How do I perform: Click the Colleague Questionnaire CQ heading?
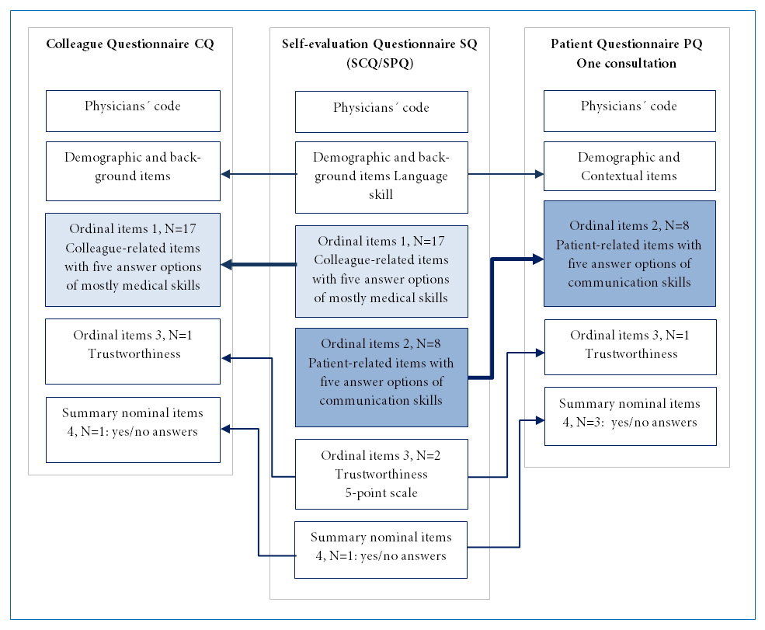coord(130,44)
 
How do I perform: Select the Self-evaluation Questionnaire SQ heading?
coord(380,44)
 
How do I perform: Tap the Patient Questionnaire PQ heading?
coord(627,44)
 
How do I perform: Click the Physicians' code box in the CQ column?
coord(133,111)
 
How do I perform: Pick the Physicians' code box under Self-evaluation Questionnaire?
coord(381,112)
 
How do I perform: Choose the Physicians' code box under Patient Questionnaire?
coord(629,111)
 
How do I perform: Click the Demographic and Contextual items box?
coord(629,166)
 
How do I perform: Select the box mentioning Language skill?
coord(381,177)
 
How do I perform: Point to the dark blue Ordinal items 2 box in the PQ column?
coord(629,253)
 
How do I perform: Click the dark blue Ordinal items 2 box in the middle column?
coord(381,378)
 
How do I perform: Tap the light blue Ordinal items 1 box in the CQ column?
coord(133,259)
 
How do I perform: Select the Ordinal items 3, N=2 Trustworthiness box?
coord(381,474)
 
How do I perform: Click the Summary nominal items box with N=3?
coord(631,416)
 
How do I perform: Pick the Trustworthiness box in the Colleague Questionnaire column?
coord(133,351)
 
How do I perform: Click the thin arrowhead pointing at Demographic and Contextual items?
coord(539,174)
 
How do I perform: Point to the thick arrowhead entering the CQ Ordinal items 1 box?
coord(226,264)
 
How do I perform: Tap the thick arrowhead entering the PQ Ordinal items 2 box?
coord(537,259)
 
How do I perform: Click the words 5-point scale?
coord(381,493)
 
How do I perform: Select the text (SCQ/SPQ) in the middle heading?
coord(380,64)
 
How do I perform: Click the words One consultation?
coord(627,64)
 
